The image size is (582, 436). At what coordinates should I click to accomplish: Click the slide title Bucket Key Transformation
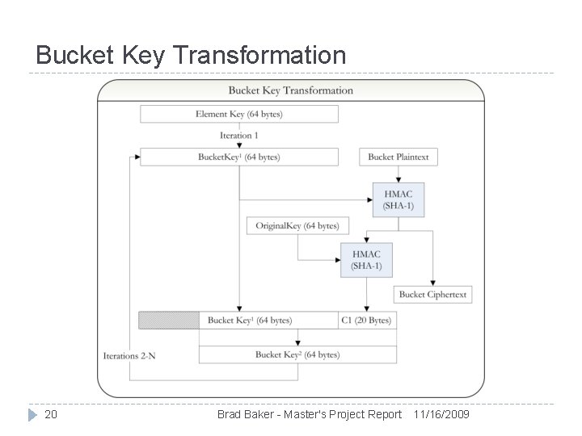pyautogui.click(x=191, y=55)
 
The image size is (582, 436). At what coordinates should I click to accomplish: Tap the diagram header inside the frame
pyautogui.click(x=290, y=90)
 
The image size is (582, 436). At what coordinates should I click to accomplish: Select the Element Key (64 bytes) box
pyautogui.click(x=238, y=114)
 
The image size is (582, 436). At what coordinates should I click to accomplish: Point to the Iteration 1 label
pyautogui.click(x=238, y=136)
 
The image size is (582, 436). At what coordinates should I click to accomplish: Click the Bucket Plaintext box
pyautogui.click(x=399, y=157)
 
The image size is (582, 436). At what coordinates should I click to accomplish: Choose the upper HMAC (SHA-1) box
pyautogui.click(x=398, y=199)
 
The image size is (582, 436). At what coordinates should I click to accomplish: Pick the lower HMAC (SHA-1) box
pyautogui.click(x=366, y=261)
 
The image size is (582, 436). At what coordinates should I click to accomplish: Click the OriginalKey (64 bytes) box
pyautogui.click(x=297, y=225)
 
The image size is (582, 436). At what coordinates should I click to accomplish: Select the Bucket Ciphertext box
pyautogui.click(x=432, y=295)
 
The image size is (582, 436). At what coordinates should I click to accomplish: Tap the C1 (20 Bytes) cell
pyautogui.click(x=368, y=321)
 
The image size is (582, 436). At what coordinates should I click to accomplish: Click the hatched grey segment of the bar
pyautogui.click(x=169, y=321)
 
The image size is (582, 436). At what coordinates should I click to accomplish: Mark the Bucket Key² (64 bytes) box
pyautogui.click(x=297, y=354)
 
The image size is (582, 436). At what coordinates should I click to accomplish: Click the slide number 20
pyautogui.click(x=51, y=414)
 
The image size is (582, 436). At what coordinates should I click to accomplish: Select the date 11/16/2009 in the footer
pyautogui.click(x=441, y=414)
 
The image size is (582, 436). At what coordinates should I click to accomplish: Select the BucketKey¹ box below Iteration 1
pyautogui.click(x=238, y=157)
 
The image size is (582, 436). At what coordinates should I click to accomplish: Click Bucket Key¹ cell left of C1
pyautogui.click(x=268, y=321)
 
